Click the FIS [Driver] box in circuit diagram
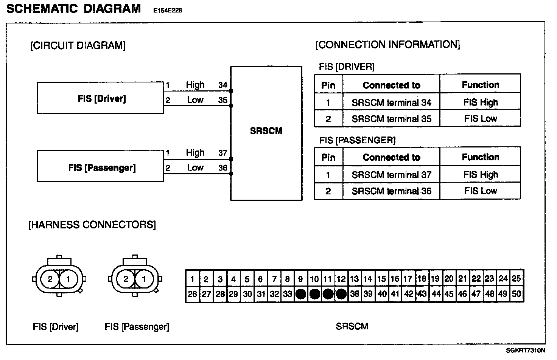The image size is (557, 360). tap(101, 98)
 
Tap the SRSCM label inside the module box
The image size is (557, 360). tap(266, 131)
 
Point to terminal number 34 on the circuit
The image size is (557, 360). tap(222, 85)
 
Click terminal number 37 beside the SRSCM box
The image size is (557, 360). tap(222, 153)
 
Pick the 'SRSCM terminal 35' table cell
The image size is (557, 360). tap(391, 119)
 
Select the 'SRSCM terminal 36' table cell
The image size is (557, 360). tap(391, 191)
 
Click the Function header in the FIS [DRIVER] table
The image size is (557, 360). tap(480, 85)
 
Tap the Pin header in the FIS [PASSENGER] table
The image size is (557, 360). tap(328, 157)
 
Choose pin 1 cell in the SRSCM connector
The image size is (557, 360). tap(192, 279)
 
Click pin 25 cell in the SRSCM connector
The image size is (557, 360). tap(517, 279)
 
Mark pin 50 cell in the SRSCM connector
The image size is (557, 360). tap(517, 294)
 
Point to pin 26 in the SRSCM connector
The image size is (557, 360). tap(192, 294)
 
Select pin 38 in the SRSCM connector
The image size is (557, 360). tap(355, 294)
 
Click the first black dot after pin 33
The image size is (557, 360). tap(301, 294)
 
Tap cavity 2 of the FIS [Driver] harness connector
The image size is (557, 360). tap(50, 279)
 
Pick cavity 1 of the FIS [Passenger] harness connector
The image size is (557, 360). tap(144, 279)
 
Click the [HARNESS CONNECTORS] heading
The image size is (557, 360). tap(92, 225)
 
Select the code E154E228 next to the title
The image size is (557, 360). tap(168, 11)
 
